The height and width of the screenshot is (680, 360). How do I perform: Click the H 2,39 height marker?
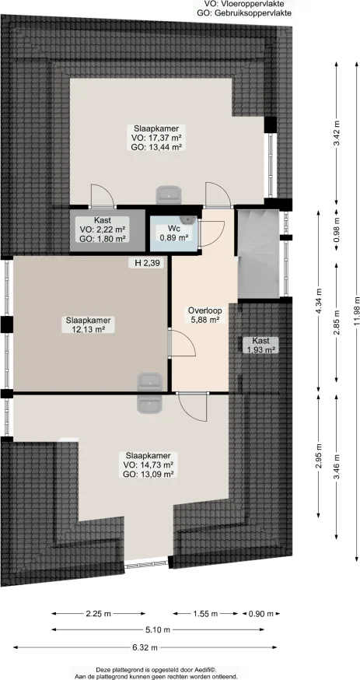(x=146, y=265)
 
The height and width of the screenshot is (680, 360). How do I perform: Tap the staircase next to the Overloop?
(x=257, y=253)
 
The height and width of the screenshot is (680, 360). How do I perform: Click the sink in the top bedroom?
(x=168, y=193)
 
